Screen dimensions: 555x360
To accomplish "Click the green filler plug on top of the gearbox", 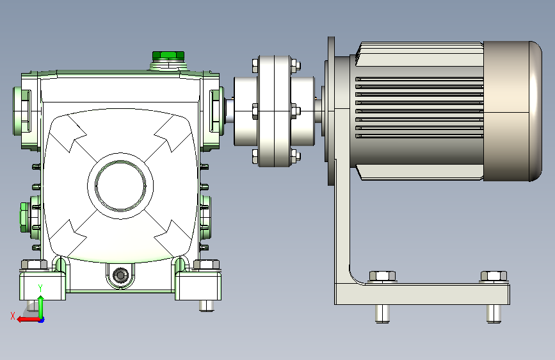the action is pyautogui.click(x=168, y=56).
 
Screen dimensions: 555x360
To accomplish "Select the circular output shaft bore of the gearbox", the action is pyautogui.click(x=120, y=185).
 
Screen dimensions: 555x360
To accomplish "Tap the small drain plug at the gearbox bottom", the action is pyautogui.click(x=120, y=275).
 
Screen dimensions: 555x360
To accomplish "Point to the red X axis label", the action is pyautogui.click(x=13, y=316).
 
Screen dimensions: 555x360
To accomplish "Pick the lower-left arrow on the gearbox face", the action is pyautogui.click(x=73, y=238).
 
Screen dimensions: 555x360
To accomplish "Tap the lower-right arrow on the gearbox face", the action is pyautogui.click(x=168, y=238).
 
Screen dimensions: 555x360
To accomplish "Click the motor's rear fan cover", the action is pyautogui.click(x=512, y=111).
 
